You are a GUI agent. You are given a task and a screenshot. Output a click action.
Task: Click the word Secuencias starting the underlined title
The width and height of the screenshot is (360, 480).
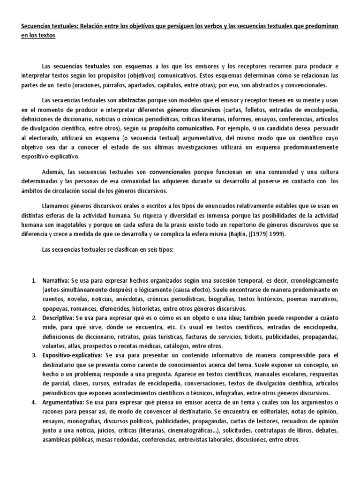click(x=36, y=27)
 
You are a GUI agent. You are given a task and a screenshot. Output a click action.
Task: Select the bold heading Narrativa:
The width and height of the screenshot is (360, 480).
click(x=56, y=281)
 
